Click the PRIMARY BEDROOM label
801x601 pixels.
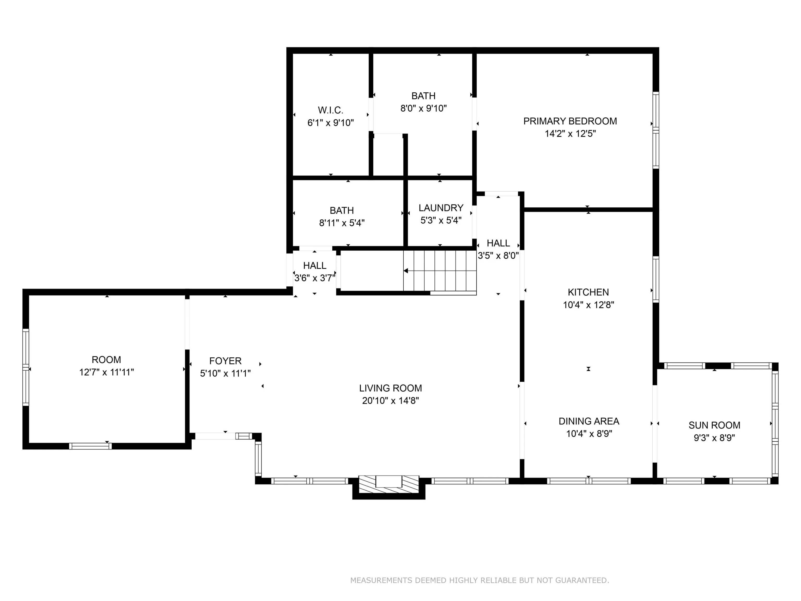click(x=570, y=121)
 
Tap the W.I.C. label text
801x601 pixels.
click(x=330, y=110)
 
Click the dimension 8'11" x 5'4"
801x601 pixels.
click(x=342, y=223)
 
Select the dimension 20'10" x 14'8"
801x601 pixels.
click(x=390, y=401)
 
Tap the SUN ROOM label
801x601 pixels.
click(x=714, y=425)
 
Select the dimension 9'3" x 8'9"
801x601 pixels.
click(x=714, y=438)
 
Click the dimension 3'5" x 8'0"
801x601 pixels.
click(x=498, y=256)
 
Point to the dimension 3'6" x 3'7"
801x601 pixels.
click(x=314, y=278)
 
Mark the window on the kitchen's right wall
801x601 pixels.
click(x=656, y=279)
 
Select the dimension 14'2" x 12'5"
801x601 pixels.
click(x=570, y=134)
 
